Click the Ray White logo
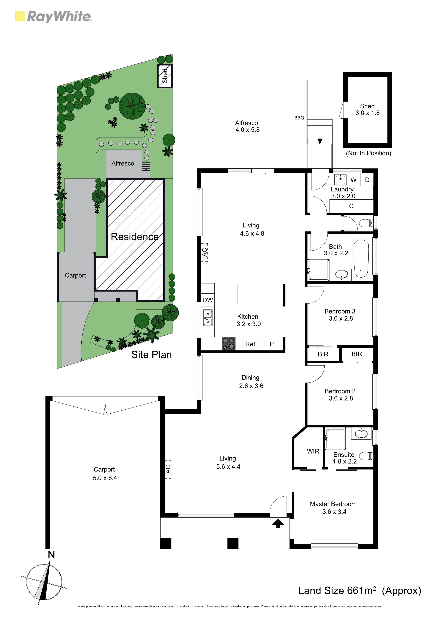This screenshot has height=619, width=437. [x=53, y=17]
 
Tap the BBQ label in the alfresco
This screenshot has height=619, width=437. [x=299, y=118]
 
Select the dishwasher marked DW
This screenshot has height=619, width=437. [x=208, y=300]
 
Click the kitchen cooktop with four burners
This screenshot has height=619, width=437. [x=229, y=344]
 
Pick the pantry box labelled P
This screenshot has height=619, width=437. [x=272, y=344]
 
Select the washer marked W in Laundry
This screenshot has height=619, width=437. [x=353, y=180]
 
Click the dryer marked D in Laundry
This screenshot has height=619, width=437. [x=367, y=180]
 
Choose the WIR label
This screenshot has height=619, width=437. [x=313, y=451]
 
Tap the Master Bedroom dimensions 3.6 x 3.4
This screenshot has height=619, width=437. [x=334, y=512]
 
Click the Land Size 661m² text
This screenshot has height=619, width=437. [x=337, y=591]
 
